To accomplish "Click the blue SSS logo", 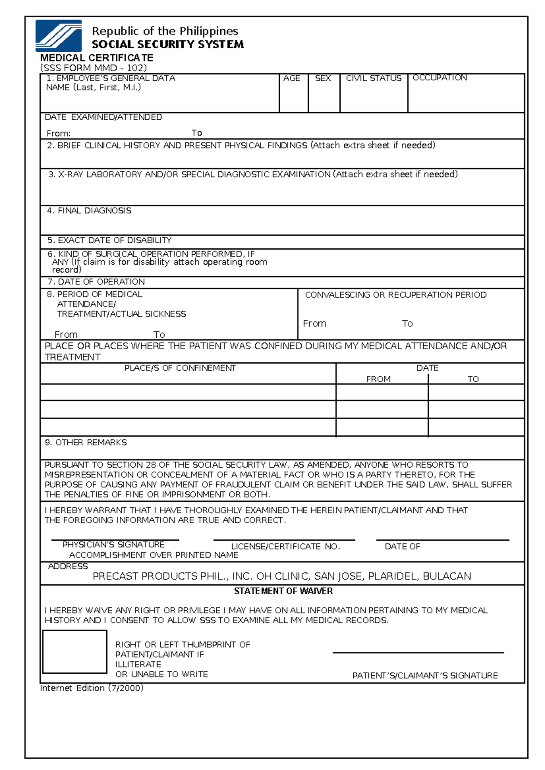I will tap(59, 35).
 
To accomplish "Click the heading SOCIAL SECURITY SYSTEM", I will tap(168, 44).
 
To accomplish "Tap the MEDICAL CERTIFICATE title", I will tap(97, 58).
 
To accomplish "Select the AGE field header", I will tap(292, 78).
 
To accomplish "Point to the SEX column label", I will tap(323, 78).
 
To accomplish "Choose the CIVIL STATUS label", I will tap(373, 78).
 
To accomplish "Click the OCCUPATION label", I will tap(439, 78).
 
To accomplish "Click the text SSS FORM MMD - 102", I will tap(93, 68).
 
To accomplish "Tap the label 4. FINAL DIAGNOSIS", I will tap(89, 211).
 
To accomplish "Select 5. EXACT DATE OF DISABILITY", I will tap(109, 240).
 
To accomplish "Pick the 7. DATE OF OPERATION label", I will tap(96, 281).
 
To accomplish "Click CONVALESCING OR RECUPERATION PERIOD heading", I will tap(396, 295).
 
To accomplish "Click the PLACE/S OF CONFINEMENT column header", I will tap(180, 368).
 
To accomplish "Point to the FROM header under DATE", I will tap(378, 379).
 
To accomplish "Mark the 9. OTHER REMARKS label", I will tap(86, 442).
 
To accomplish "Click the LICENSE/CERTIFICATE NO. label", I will tap(285, 546).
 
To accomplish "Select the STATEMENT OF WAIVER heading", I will tap(283, 591).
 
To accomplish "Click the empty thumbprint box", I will tap(75, 651).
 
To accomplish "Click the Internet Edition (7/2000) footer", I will tap(92, 688).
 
